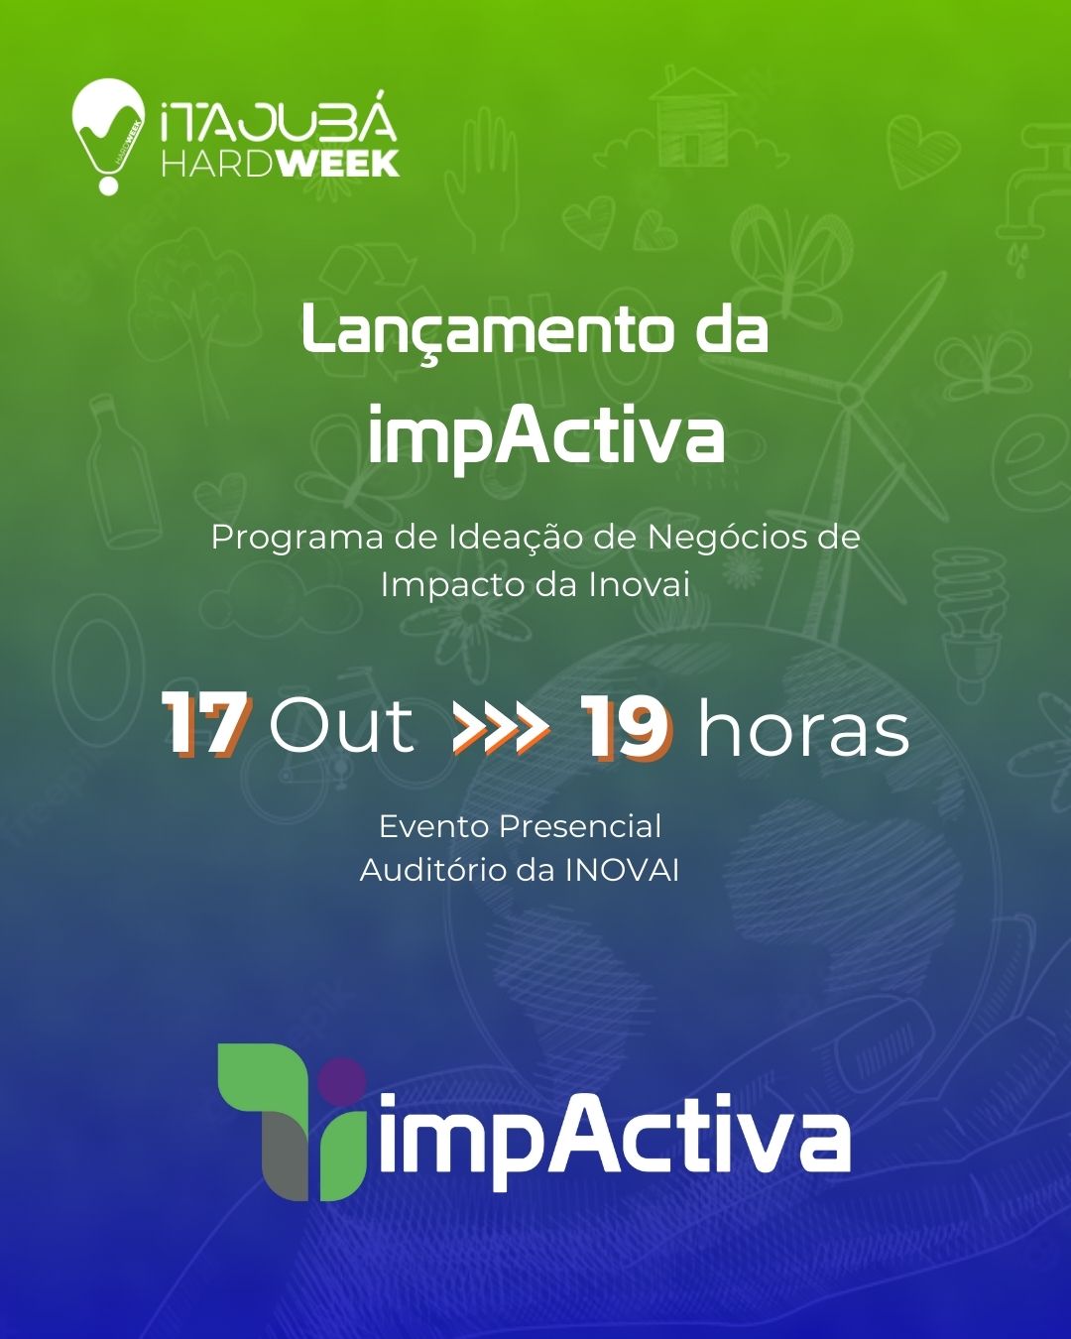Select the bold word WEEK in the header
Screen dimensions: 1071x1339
(x=340, y=163)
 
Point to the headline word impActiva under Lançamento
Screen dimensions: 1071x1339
(x=545, y=433)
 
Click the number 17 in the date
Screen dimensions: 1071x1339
(x=206, y=724)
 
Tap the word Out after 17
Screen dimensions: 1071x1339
(x=341, y=725)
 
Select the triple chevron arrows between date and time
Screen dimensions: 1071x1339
(x=501, y=725)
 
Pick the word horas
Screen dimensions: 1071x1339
(x=803, y=725)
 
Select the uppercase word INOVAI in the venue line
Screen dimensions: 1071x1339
(x=623, y=871)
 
